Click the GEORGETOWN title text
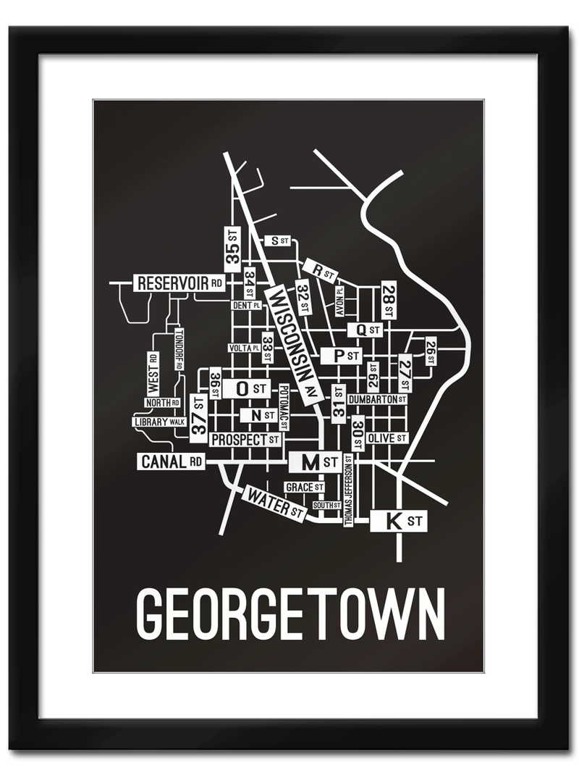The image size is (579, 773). pos(290,614)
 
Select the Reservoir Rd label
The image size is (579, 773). pos(179,283)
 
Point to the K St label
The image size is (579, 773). pos(398,520)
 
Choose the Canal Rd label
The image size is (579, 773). pos(172,461)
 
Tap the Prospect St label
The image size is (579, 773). pos(245,439)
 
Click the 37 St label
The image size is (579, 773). pos(198,419)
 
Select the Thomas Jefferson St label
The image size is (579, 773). pos(348,490)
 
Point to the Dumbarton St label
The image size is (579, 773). pos(377,399)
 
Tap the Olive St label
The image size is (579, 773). pos(386,438)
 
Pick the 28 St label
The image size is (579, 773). pos(389,299)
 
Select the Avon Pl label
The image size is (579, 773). pos(339,301)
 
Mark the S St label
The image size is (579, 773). pos(277,240)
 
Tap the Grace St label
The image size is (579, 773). pos(304,487)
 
